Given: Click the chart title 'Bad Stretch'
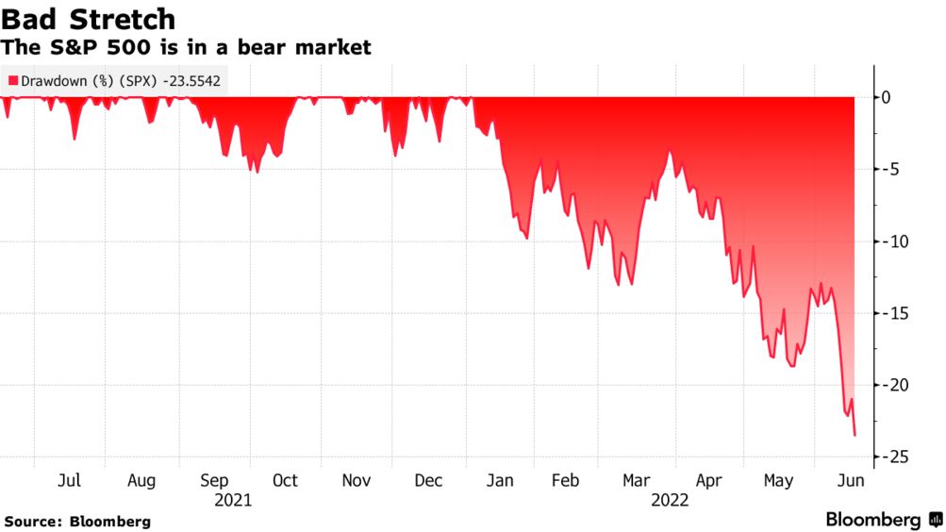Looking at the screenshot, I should tap(89, 19).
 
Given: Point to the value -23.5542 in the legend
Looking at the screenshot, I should tap(191, 81).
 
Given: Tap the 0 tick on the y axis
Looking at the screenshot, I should tap(884, 97).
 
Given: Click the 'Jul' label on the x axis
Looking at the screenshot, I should tap(69, 481).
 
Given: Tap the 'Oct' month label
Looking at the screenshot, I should tap(285, 481).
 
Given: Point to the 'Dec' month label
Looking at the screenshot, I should tap(428, 481).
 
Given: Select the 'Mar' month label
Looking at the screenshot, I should tap(637, 481).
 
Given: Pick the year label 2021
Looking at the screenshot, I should tap(233, 501).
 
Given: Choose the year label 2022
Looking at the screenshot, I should tap(670, 501).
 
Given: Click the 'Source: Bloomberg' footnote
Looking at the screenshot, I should tap(77, 522).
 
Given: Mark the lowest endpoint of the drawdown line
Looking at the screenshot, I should tap(855, 436).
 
